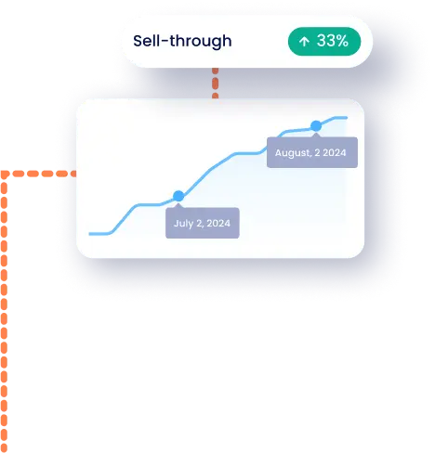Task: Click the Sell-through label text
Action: tap(182, 41)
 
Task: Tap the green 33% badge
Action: tap(324, 42)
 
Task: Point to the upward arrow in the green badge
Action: tap(304, 42)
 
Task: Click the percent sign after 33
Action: tap(342, 41)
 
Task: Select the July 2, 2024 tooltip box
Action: tap(203, 223)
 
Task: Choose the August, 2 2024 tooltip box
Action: tap(312, 152)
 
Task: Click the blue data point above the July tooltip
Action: tap(178, 196)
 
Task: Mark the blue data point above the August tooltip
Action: tap(316, 126)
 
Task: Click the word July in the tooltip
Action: tap(184, 224)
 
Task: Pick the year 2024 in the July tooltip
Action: tap(218, 223)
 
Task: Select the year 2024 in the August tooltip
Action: tap(335, 152)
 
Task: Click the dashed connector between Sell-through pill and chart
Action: tap(216, 84)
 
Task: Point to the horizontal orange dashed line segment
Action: tap(40, 174)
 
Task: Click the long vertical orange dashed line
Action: tap(4, 314)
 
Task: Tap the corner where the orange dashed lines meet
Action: tap(4, 174)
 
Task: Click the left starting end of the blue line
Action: tap(89, 234)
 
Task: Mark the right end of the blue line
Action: tap(347, 118)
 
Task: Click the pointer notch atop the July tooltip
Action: tap(178, 205)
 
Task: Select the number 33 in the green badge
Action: tap(325, 41)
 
